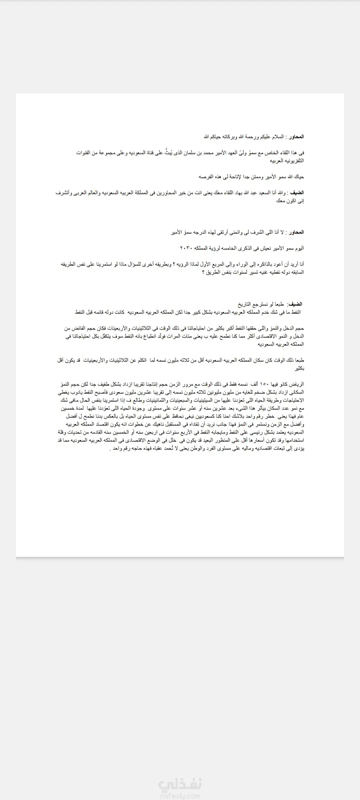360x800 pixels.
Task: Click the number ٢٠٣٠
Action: click(187, 248)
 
